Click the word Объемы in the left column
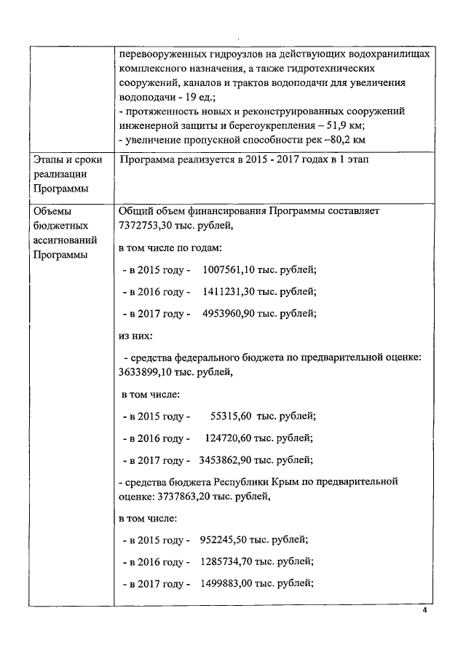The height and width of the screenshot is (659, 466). [53, 211]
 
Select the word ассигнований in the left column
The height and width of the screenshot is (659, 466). [66, 240]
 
